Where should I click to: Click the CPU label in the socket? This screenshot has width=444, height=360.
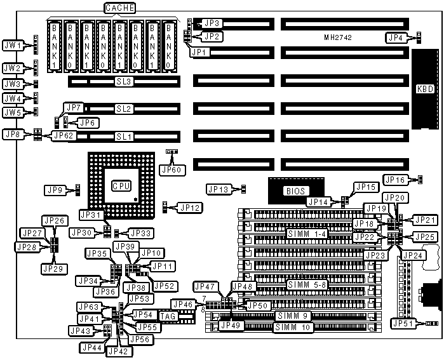(x=121, y=186)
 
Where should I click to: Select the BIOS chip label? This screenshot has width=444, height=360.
(x=293, y=190)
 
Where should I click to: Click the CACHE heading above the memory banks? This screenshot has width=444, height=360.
(x=119, y=8)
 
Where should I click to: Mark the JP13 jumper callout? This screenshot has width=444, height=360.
(x=219, y=189)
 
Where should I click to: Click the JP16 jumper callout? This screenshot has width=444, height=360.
(x=396, y=180)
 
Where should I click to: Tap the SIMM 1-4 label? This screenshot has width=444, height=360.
(x=309, y=234)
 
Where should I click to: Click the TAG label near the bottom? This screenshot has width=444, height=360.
(x=168, y=316)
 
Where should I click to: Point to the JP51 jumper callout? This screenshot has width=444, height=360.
(x=405, y=324)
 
